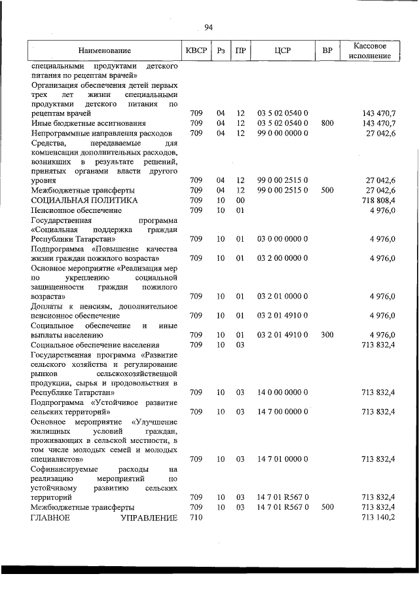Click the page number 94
pyautogui.click(x=209, y=27)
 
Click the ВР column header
pyautogui.click(x=327, y=50)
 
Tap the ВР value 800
pyautogui.click(x=327, y=123)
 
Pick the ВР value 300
pyautogui.click(x=327, y=335)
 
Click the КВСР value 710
pyautogui.click(x=195, y=518)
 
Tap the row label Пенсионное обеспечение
pyautogui.click(x=76, y=210)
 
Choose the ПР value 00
pyautogui.click(x=240, y=200)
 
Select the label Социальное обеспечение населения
pyautogui.click(x=94, y=345)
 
